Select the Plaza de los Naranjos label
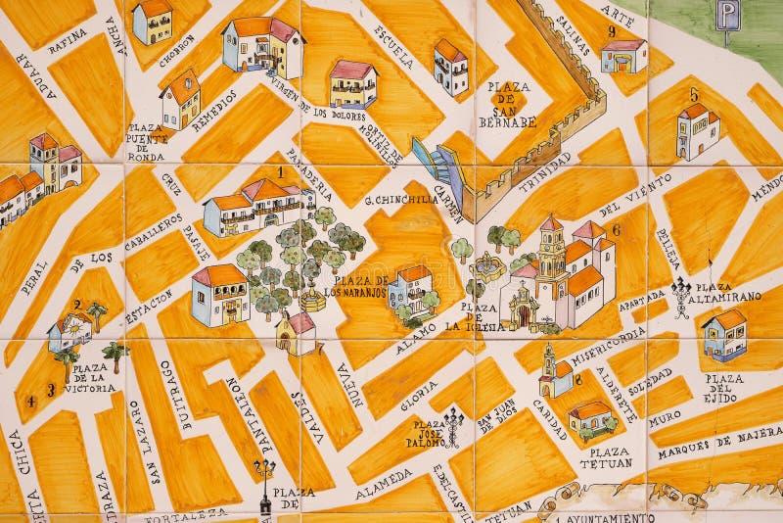(x=356, y=286)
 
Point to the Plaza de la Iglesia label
(x=483, y=317)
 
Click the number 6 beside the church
(x=616, y=230)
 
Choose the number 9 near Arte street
(x=611, y=30)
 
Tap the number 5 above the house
(x=694, y=95)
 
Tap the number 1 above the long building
(x=281, y=171)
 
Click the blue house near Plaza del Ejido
(x=724, y=334)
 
